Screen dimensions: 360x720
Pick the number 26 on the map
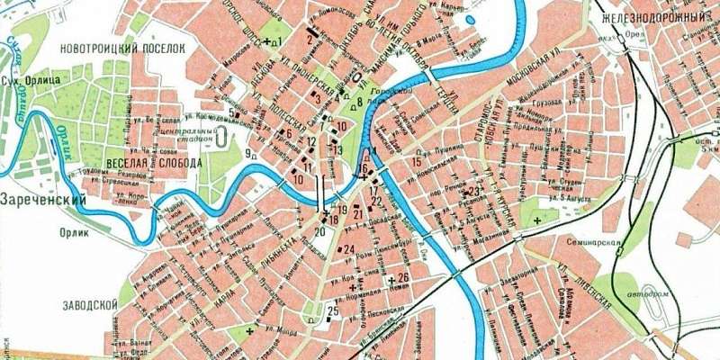pyautogui.click(x=402, y=278)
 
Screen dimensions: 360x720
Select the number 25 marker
pyautogui.click(x=332, y=311)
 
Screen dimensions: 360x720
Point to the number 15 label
pyautogui.click(x=416, y=161)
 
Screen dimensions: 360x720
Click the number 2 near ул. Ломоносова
pyautogui.click(x=310, y=38)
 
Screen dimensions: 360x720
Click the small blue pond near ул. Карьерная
pyautogui.click(x=470, y=19)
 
